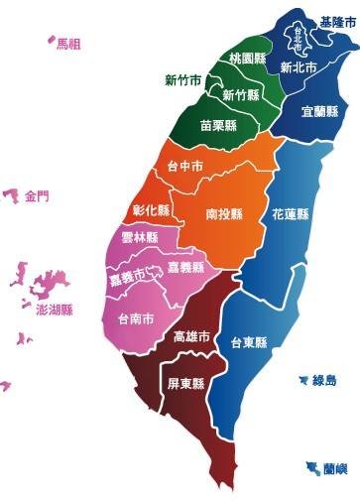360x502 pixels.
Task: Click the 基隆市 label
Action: (x=338, y=21)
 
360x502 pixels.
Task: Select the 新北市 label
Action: (x=298, y=68)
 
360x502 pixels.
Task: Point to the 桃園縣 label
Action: (x=247, y=59)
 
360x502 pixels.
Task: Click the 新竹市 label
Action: (x=184, y=79)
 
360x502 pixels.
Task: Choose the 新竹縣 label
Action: (x=241, y=95)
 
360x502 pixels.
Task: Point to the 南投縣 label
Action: (x=226, y=212)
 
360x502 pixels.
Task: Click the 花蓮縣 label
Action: (x=291, y=213)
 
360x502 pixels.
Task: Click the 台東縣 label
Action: (x=249, y=342)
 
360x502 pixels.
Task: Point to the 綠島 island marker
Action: (x=302, y=379)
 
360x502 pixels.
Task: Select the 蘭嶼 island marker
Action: (x=301, y=465)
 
